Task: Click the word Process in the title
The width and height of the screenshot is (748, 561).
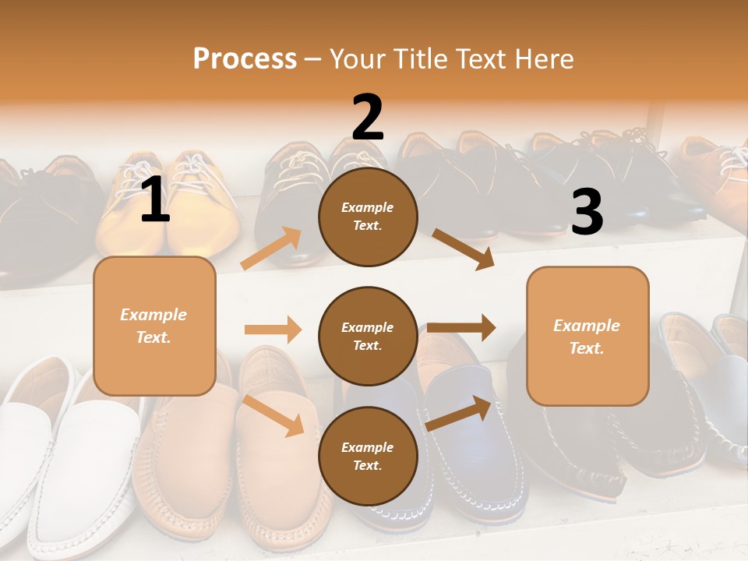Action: [245, 58]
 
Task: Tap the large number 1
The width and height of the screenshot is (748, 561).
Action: [155, 200]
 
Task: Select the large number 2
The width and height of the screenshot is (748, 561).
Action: [368, 118]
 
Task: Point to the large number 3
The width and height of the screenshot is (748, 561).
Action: [587, 213]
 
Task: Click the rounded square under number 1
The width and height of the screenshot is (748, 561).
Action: [154, 326]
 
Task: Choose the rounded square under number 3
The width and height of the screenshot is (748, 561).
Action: [587, 337]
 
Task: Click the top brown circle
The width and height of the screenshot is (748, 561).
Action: [368, 217]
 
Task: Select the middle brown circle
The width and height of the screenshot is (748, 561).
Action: [368, 337]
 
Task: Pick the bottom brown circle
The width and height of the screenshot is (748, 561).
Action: [368, 457]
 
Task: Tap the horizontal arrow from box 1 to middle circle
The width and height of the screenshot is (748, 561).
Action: [273, 330]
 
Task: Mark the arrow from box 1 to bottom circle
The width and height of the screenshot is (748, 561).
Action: [273, 415]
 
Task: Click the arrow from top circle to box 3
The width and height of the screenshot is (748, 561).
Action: [464, 249]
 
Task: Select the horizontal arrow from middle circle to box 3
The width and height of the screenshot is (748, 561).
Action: [461, 327]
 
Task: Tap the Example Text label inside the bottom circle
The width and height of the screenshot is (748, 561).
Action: [368, 457]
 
